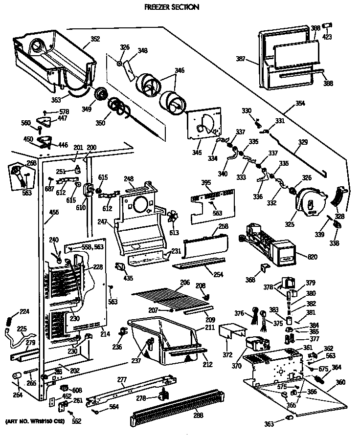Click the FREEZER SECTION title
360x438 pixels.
[172, 7]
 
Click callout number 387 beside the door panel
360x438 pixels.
[253, 60]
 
